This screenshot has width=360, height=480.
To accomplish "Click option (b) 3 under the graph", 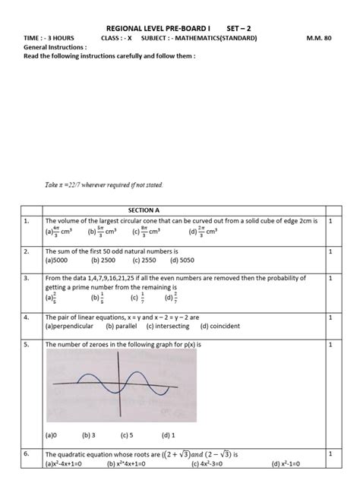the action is click(87, 436).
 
